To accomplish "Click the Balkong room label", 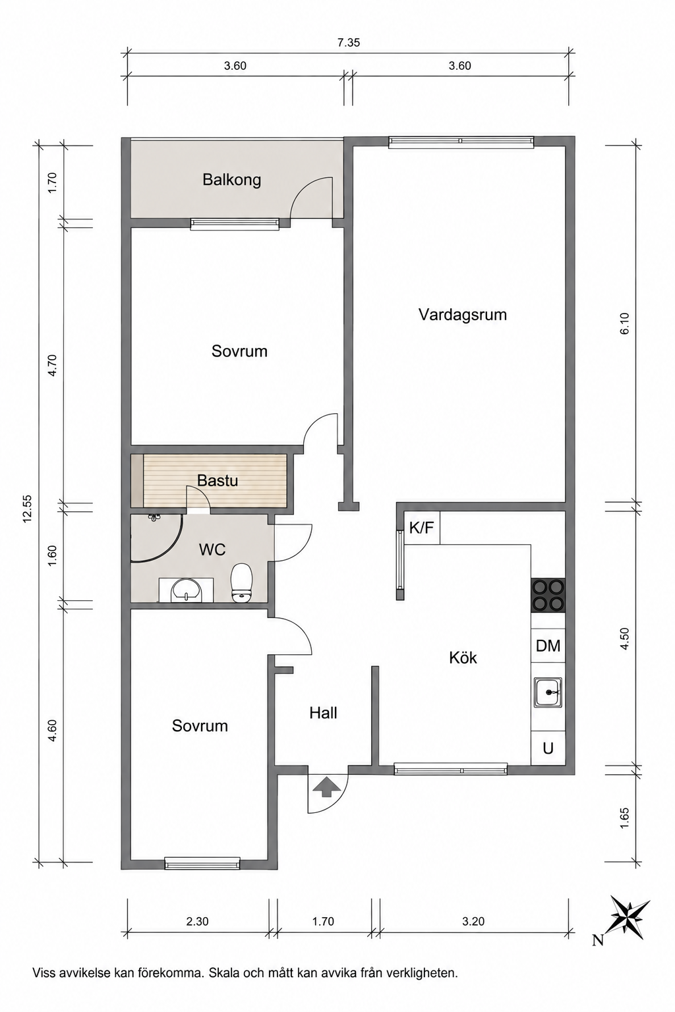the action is (231, 181).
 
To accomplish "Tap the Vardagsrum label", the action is (463, 315).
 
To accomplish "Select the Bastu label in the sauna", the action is (218, 480).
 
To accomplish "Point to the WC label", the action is (212, 550).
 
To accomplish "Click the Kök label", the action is (463, 658).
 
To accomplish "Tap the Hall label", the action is (323, 713).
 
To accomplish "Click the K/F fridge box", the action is (422, 527).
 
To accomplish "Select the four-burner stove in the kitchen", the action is (548, 595).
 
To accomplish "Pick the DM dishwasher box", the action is (548, 646).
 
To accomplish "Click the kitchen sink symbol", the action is (548, 692).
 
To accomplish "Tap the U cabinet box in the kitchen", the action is (548, 748).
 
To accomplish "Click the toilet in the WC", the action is (241, 583).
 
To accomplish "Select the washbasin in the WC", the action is (187, 590).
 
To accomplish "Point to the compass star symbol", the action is (629, 916).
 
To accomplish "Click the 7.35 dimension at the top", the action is (349, 43).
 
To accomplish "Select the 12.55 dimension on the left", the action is (28, 508).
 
